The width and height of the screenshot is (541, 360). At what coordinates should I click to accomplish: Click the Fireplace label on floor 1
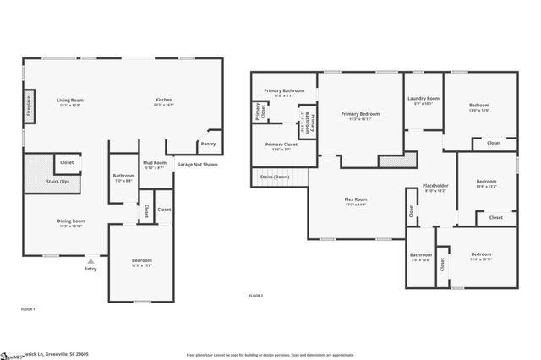pyautogui.click(x=29, y=109)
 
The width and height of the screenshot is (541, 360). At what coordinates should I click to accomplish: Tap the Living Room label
pyautogui.click(x=70, y=100)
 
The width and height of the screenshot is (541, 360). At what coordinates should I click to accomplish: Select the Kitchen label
pyautogui.click(x=164, y=100)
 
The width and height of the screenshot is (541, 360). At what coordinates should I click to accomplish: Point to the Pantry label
pyautogui.click(x=206, y=144)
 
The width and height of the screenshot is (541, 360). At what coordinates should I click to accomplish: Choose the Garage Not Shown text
pyautogui.click(x=197, y=164)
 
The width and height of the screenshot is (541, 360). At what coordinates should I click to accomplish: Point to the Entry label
pyautogui.click(x=90, y=269)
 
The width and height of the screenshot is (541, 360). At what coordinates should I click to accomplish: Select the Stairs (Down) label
pyautogui.click(x=275, y=177)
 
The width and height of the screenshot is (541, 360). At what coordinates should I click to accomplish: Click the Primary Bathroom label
pyautogui.click(x=284, y=90)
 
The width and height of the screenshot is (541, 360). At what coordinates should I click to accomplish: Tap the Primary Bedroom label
pyautogui.click(x=360, y=113)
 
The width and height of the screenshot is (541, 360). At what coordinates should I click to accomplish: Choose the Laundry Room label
pyautogui.click(x=423, y=99)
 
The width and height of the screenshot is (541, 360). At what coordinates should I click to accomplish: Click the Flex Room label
pyautogui.click(x=355, y=199)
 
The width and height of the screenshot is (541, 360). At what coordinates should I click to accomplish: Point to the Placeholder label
pyautogui.click(x=435, y=186)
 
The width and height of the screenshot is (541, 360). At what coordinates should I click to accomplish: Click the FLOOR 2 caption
pyautogui.click(x=256, y=296)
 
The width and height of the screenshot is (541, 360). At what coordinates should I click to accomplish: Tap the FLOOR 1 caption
pyautogui.click(x=28, y=309)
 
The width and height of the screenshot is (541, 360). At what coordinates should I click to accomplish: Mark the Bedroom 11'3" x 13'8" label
pyautogui.click(x=141, y=260)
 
